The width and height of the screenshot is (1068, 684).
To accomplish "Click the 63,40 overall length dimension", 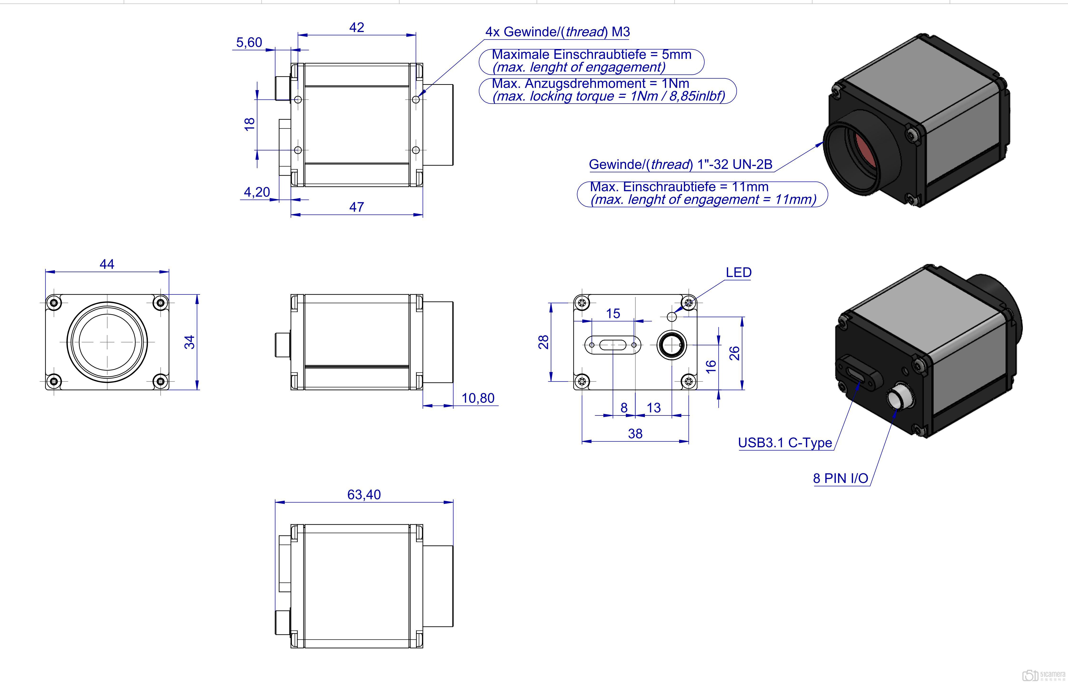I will (x=364, y=494).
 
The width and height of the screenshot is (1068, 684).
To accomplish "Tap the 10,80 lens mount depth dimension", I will (x=478, y=398).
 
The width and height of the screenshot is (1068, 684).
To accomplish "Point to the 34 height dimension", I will (x=190, y=342).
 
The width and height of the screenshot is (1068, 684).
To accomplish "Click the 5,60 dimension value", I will (x=249, y=42).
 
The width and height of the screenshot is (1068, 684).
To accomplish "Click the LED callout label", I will (x=738, y=272).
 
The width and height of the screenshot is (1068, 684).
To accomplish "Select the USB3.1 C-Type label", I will (x=785, y=443).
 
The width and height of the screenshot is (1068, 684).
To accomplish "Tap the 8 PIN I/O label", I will (x=840, y=478).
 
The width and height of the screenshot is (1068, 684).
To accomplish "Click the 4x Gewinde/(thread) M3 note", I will (x=557, y=32).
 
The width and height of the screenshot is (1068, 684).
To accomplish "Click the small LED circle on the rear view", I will (x=672, y=317).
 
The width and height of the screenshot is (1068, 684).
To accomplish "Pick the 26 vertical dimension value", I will (x=734, y=353).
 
